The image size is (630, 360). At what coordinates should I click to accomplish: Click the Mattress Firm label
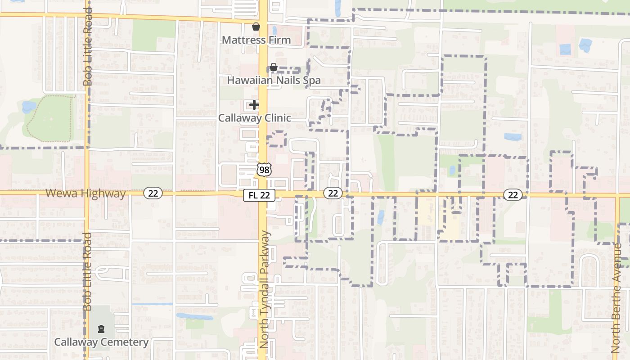[256, 40]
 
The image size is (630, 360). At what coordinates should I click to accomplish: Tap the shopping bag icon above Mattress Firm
[256, 27]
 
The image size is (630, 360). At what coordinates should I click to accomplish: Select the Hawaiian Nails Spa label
[274, 81]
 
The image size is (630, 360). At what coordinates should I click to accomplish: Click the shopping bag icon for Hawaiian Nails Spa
[273, 67]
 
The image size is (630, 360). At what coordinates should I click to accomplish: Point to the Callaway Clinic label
[254, 118]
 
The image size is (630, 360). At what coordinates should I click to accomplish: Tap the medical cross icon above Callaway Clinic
[254, 105]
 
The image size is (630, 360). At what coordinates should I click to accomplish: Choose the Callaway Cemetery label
[101, 342]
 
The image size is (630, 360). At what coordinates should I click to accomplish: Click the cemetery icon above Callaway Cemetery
[101, 329]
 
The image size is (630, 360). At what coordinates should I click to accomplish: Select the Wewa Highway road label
[85, 193]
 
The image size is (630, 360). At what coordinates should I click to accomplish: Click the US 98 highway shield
[264, 170]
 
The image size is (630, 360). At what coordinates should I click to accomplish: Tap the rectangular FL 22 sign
[259, 195]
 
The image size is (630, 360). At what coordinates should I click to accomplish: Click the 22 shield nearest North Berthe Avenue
[513, 194]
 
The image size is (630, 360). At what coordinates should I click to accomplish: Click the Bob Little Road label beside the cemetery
[88, 271]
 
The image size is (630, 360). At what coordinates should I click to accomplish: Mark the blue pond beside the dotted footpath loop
[29, 107]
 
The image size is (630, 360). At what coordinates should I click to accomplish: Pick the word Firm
[280, 40]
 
